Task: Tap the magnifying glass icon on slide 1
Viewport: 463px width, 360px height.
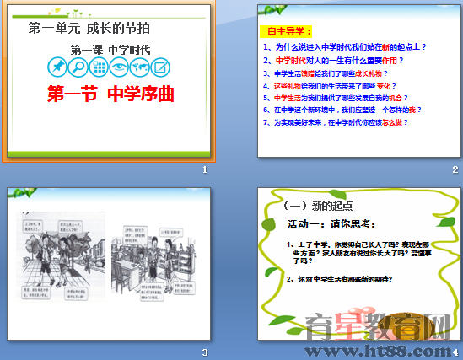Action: point(78,67)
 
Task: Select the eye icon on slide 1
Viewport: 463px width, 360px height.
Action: point(118,67)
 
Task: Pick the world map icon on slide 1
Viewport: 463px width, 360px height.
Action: point(138,67)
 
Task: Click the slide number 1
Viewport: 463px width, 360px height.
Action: point(204,170)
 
